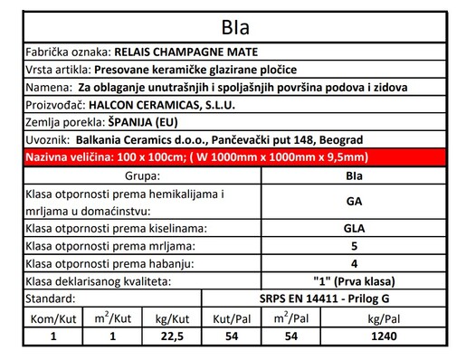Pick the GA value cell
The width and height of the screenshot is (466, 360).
(x=354, y=202)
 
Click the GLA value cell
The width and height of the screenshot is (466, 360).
(x=354, y=228)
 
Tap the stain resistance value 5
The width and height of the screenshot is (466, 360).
(x=354, y=246)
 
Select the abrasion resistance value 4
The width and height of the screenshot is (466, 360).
(x=354, y=263)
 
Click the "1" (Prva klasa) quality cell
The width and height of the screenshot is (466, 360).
(x=354, y=280)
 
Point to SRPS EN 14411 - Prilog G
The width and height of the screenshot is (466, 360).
(x=354, y=298)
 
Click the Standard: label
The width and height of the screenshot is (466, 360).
(x=45, y=298)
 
